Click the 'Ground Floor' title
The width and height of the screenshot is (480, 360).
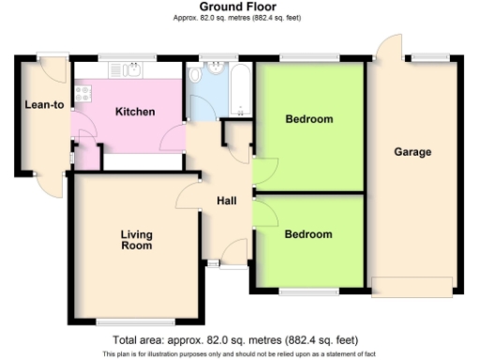[240, 7]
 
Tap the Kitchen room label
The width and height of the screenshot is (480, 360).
[134, 112]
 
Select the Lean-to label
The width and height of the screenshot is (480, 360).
[43, 104]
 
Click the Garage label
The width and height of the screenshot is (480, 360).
[412, 152]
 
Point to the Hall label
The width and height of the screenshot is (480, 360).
[227, 201]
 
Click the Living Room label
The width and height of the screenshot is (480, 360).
[136, 239]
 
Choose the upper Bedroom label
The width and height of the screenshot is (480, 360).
[308, 119]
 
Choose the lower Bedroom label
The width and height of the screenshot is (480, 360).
[308, 233]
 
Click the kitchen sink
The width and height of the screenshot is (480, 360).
[126, 68]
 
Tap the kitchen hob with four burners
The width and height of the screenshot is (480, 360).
[82, 92]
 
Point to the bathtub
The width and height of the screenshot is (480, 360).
[240, 90]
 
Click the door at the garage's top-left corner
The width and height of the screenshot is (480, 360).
[386, 47]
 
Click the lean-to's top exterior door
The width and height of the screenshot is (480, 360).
[54, 67]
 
